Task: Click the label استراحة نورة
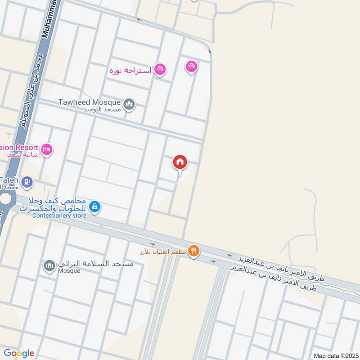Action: pos(130,70)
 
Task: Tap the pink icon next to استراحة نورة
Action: pos(160,70)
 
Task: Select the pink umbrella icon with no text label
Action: pos(191,67)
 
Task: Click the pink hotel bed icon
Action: pos(47,149)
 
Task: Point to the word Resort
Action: pos(26,147)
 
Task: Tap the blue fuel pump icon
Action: pos(27,182)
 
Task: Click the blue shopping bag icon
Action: pos(94,206)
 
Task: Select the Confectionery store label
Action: pos(59,215)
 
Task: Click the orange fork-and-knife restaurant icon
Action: pos(193,251)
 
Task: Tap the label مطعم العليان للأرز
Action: pos(163,251)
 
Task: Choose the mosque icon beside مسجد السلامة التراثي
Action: pos(49,266)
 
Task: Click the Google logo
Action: pos(19,353)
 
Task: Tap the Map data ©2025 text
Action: pos(335,355)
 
